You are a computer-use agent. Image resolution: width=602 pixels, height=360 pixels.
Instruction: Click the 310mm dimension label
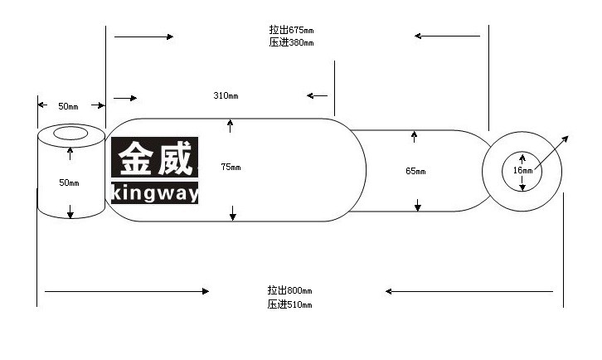226,95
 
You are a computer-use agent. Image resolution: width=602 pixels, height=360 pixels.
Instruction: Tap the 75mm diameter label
231,167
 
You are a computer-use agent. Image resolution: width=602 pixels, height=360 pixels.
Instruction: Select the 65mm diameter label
415,171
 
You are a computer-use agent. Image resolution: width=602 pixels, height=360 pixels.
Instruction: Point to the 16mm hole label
523,170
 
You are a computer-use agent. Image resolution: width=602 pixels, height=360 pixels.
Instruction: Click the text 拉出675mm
291,30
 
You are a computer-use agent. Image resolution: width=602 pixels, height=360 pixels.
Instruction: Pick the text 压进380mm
291,42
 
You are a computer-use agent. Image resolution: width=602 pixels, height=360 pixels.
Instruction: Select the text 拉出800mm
290,290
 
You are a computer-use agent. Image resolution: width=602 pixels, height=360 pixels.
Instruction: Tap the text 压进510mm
290,304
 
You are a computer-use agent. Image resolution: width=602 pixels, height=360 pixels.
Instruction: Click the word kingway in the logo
155,193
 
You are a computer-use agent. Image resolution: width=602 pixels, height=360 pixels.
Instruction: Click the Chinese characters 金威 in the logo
155,158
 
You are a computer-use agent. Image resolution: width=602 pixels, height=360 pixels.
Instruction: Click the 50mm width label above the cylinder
68,106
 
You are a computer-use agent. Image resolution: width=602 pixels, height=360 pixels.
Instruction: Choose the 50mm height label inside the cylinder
69,182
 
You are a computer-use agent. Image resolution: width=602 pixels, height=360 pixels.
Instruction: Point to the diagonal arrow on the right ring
551,153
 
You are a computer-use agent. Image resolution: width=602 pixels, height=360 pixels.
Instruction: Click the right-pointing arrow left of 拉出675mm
144,36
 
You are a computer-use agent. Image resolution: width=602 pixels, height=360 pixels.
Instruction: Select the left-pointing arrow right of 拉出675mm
447,36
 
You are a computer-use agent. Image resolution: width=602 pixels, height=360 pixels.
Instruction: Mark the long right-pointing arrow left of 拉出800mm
127,291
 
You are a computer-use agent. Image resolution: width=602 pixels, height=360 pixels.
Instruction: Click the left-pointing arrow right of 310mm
317,95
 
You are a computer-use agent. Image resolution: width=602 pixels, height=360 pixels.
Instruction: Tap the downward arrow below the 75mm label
233,213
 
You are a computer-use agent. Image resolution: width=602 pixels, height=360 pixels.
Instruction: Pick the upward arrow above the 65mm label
414,137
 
